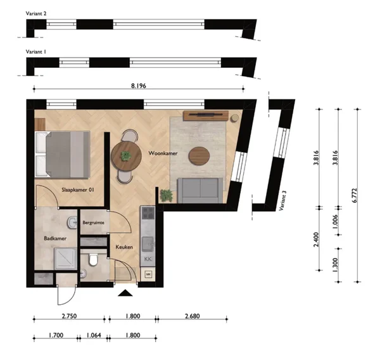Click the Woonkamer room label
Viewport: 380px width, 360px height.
(163, 153)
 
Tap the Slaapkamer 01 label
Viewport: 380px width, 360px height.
(77, 190)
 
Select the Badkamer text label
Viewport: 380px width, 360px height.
(55, 238)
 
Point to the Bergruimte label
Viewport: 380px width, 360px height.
(93, 222)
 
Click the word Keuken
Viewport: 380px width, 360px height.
(124, 247)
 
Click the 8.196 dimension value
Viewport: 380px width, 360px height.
(139, 86)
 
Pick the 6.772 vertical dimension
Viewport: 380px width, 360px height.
(355, 195)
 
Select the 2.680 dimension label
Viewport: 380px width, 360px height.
(192, 316)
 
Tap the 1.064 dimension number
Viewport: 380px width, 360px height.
(94, 335)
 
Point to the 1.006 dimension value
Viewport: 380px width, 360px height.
(335, 222)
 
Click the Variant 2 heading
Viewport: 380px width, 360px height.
(36, 13)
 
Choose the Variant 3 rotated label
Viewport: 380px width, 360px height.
(282, 200)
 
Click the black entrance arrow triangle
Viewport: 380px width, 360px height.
(125, 293)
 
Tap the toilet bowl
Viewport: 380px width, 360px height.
(93, 260)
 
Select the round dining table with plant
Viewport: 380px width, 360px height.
(126, 156)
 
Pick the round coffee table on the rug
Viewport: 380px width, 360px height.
(199, 156)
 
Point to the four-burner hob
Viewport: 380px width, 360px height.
(148, 213)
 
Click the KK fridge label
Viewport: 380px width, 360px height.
(148, 259)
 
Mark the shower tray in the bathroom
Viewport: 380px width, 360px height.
(65, 259)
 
